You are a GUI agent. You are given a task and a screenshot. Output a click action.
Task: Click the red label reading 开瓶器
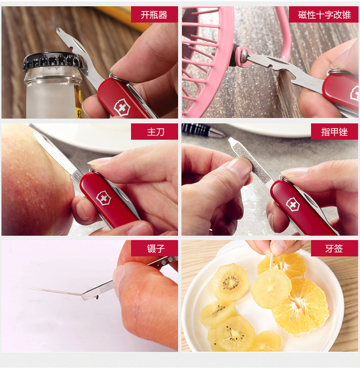click(154, 14)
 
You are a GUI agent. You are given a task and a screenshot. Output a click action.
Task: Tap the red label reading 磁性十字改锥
click(324, 14)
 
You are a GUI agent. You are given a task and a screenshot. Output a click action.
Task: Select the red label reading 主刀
click(154, 132)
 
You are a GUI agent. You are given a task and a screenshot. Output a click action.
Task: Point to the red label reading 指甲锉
click(334, 132)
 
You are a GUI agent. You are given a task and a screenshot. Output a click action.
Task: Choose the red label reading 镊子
click(154, 248)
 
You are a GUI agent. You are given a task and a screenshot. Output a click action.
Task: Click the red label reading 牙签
click(334, 248)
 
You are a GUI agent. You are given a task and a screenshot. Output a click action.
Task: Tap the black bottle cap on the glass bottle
click(52, 61)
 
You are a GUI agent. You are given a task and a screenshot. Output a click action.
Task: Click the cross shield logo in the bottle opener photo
click(122, 108)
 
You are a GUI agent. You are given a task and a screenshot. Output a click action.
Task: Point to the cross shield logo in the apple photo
click(104, 198)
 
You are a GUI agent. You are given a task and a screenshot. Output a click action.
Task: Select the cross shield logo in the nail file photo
click(293, 205)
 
